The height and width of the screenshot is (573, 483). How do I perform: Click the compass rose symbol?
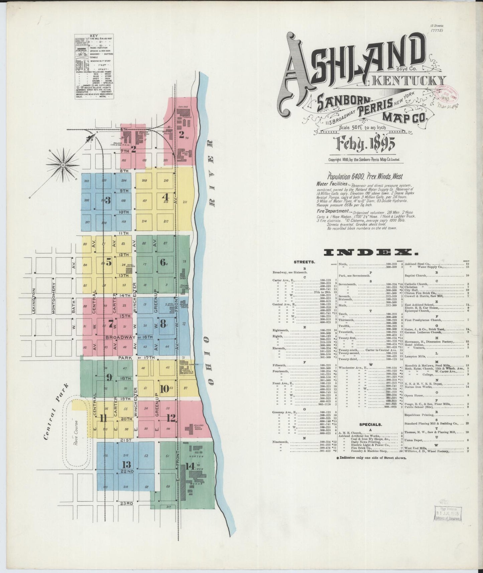63,165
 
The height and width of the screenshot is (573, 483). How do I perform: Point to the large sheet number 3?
108,200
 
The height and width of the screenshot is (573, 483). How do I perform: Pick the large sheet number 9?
109,377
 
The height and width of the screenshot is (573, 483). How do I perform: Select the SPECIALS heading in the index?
371,425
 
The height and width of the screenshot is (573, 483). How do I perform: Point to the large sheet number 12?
171,418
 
